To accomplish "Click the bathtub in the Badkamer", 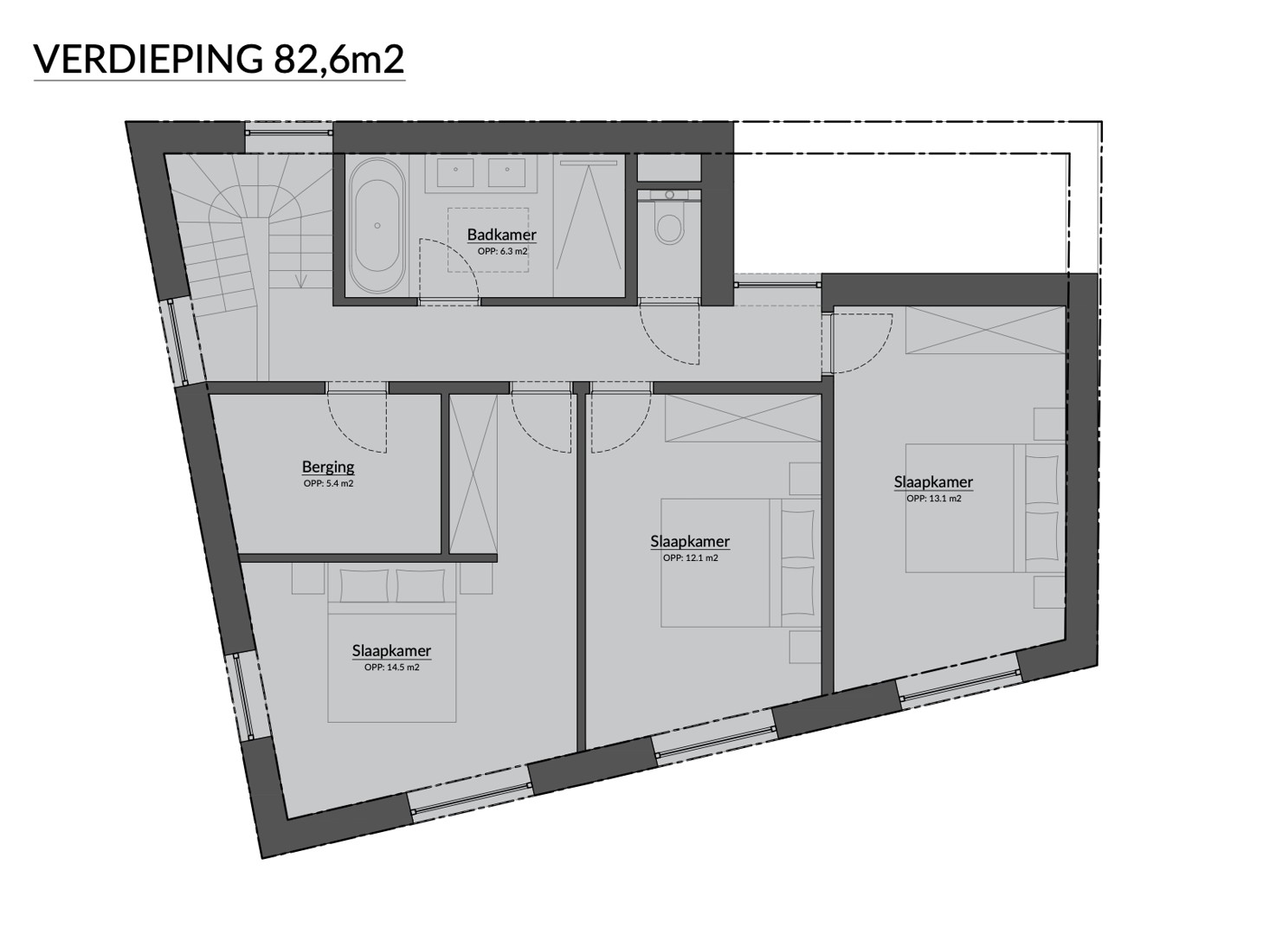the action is click(377, 225).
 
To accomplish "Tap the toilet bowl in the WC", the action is click(669, 226).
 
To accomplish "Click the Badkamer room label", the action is click(501, 235).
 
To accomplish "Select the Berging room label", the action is click(328, 467).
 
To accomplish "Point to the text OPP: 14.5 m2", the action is click(391, 667).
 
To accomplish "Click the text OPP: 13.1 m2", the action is click(933, 498).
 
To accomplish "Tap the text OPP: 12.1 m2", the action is click(690, 558).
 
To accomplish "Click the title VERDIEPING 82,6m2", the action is click(219, 59).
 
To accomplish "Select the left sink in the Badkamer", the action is click(455, 172).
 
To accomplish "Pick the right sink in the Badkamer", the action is click(507, 172).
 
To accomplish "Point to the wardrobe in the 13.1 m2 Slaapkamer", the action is click(985, 331).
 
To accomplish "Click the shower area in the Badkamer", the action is click(589, 225).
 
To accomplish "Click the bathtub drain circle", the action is click(377, 226).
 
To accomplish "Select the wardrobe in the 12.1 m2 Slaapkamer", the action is click(743, 418).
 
